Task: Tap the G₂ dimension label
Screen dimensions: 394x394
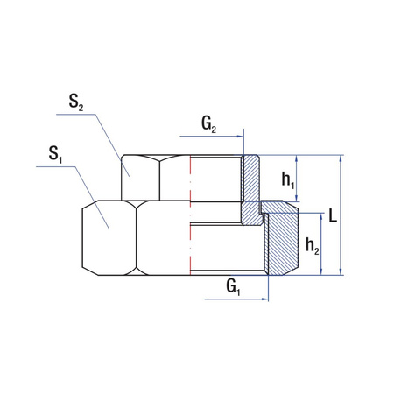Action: pos(209,124)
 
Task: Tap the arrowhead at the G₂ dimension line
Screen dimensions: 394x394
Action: pos(240,137)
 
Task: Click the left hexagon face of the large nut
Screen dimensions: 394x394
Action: pos(109,236)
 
